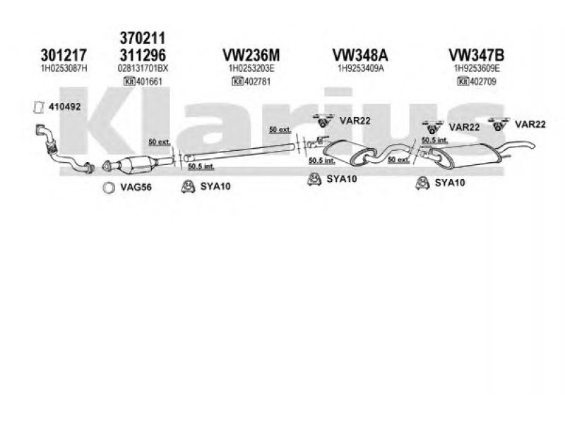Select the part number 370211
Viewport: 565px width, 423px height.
(145, 39)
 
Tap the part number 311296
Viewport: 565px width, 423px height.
(145, 54)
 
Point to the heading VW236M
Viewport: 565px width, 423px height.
(251, 54)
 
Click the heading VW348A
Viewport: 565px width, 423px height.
(358, 54)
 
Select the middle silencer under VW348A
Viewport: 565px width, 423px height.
(350, 150)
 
